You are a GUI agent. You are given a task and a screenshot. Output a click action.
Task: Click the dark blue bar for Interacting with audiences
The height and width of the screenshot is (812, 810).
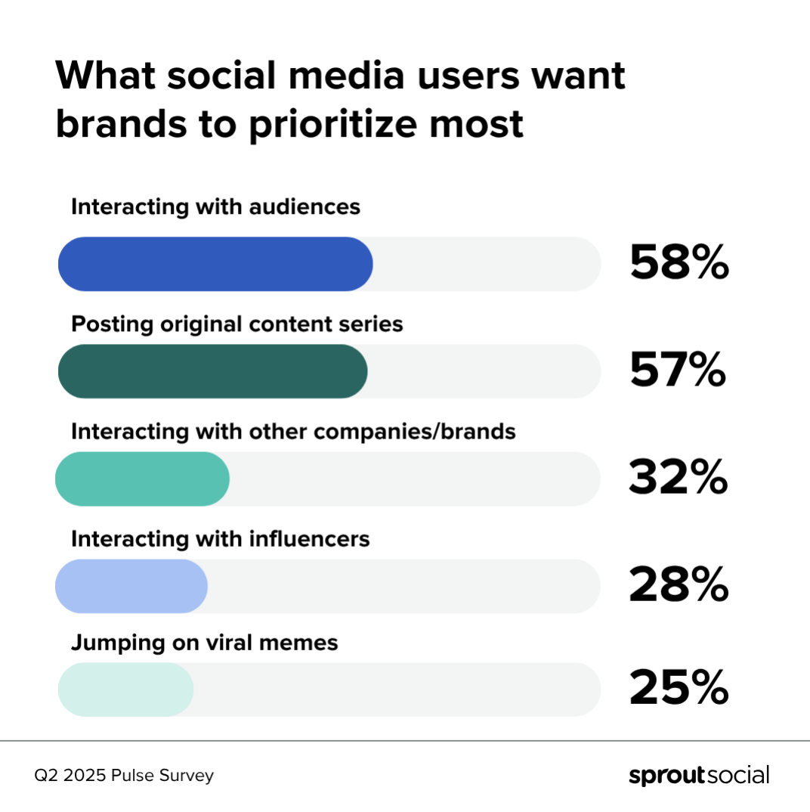(x=215, y=264)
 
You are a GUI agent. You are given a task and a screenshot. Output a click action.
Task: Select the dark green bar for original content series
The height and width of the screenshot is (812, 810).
(x=212, y=371)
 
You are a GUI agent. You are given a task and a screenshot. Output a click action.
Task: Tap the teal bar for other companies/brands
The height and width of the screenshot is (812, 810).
(x=142, y=479)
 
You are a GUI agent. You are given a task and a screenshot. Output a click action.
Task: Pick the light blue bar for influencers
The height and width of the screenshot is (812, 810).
(x=131, y=586)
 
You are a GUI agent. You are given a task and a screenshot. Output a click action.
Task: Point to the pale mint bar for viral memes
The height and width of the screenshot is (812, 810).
(x=126, y=690)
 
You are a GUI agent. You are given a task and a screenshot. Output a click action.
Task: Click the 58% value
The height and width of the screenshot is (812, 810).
(x=679, y=265)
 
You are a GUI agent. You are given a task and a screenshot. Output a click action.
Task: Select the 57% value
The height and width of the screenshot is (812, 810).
(x=677, y=372)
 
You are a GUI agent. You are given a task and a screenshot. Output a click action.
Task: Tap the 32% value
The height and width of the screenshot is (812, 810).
(x=678, y=479)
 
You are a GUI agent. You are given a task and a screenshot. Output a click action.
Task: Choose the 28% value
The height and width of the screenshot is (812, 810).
(x=678, y=586)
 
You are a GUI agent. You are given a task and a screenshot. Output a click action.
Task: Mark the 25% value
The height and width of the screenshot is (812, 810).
(x=678, y=690)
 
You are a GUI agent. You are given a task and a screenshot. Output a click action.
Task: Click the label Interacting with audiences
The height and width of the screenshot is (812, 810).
(x=215, y=207)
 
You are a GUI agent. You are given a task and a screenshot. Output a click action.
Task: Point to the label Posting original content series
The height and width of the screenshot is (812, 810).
(x=237, y=324)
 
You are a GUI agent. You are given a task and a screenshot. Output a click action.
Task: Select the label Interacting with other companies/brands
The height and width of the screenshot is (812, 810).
(x=293, y=432)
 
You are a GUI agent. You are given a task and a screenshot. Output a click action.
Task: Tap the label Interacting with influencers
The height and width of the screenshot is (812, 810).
(x=220, y=539)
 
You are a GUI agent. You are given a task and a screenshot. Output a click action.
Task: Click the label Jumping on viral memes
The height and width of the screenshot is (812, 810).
(x=204, y=643)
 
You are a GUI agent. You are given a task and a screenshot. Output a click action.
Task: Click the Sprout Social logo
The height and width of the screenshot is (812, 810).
(x=698, y=776)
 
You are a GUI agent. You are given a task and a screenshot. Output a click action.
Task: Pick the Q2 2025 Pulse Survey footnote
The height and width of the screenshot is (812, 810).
(x=124, y=776)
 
